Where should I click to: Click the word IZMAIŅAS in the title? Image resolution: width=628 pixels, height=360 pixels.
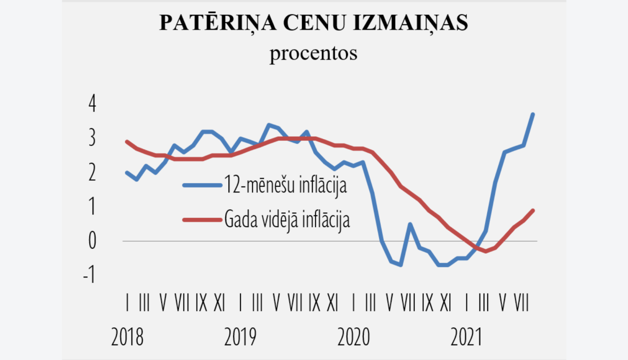pos(410,23)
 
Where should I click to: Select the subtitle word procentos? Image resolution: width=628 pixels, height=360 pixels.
pos(313,53)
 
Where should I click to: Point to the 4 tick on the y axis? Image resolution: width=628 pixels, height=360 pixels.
pos(92,103)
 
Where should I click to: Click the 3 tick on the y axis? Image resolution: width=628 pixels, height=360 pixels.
pos(92,137)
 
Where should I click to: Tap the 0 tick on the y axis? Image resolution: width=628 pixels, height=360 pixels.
pos(92,241)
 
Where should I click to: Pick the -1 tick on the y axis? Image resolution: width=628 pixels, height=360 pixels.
pos(89,275)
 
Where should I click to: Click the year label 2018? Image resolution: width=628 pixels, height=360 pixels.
pos(127,337)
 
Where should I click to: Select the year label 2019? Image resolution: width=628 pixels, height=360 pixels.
pos(240,337)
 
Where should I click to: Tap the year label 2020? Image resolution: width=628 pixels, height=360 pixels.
pos(354,337)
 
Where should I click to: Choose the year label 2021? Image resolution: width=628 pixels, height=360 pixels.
pos(466,337)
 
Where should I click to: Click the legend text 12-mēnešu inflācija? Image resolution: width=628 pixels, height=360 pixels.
pos(286,185)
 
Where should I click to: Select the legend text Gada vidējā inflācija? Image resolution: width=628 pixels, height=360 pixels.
pos(287,219)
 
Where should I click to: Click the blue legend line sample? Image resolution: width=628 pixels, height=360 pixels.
pos(202,185)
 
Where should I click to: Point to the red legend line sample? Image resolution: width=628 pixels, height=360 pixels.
pos(202,219)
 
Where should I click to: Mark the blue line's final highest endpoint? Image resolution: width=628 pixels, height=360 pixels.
pos(533,114)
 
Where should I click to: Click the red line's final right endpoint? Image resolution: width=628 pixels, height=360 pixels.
pos(533,210)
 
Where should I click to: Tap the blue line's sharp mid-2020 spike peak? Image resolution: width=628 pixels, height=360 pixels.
pos(410,224)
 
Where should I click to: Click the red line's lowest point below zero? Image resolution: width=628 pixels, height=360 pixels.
pos(486,251)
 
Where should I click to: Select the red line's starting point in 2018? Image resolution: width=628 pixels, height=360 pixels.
pos(127,141)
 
